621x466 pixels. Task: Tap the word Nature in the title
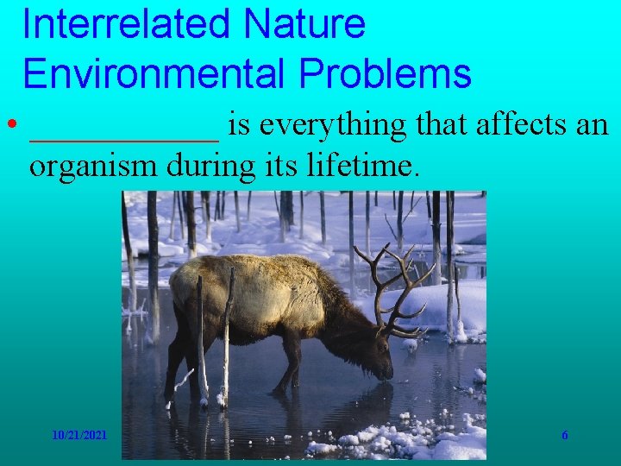pyautogui.click(x=304, y=24)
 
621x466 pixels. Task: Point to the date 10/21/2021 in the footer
pyautogui.click(x=79, y=436)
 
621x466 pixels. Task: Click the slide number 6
pyautogui.click(x=565, y=436)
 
